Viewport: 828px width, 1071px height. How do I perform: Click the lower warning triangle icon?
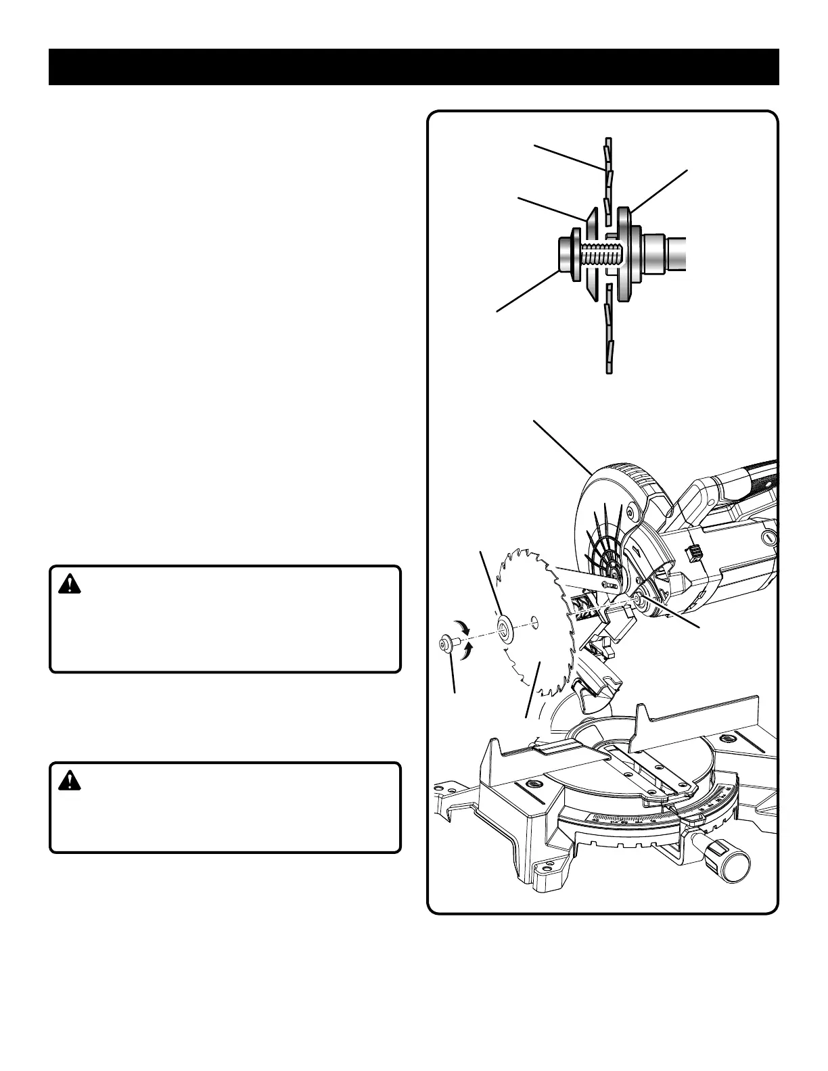[68, 781]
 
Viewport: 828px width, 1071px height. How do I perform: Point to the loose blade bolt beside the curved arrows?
[447, 643]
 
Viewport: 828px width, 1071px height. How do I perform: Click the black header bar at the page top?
[414, 67]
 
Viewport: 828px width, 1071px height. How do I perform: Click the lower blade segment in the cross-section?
[608, 331]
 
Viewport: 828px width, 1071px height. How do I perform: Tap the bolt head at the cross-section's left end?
[566, 258]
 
